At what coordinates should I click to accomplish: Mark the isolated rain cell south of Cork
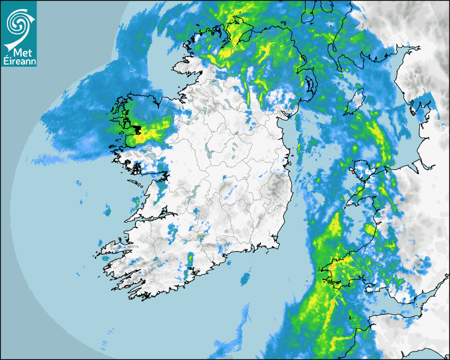[x=245, y=279]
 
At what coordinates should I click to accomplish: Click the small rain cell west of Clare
[x=107, y=212]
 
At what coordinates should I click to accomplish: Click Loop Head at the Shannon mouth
[x=127, y=220]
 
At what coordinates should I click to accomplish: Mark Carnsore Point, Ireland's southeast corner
[x=277, y=246]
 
